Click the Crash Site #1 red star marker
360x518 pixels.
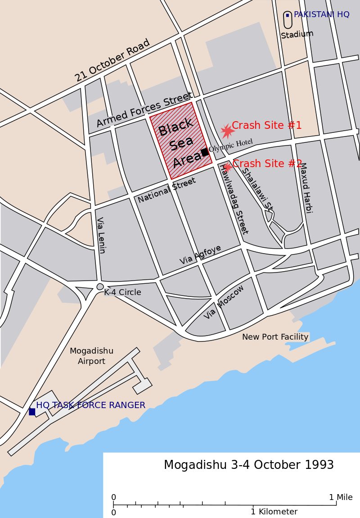click(x=227, y=131)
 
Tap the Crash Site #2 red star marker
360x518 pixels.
click(x=228, y=168)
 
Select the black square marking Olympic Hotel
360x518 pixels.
click(x=205, y=152)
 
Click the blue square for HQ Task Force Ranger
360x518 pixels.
click(x=32, y=411)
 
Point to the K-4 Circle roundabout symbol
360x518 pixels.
click(x=100, y=286)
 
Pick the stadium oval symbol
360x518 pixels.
click(x=288, y=20)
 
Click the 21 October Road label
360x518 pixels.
click(x=112, y=61)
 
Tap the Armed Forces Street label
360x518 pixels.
click(x=144, y=109)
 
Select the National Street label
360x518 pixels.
click(x=166, y=190)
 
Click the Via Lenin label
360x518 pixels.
click(x=101, y=235)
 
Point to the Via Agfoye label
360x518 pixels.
click(x=200, y=254)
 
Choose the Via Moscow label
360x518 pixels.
click(x=224, y=302)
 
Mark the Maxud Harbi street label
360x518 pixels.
click(x=306, y=187)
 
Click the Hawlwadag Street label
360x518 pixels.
click(x=234, y=199)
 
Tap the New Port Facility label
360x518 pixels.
click(x=275, y=337)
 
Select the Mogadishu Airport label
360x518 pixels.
click(x=91, y=356)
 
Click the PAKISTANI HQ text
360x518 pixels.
click(x=321, y=14)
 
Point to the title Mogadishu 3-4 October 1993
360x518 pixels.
click(x=248, y=465)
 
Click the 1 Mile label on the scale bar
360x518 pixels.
click(x=341, y=497)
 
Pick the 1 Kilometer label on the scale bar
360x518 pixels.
click(x=274, y=512)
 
